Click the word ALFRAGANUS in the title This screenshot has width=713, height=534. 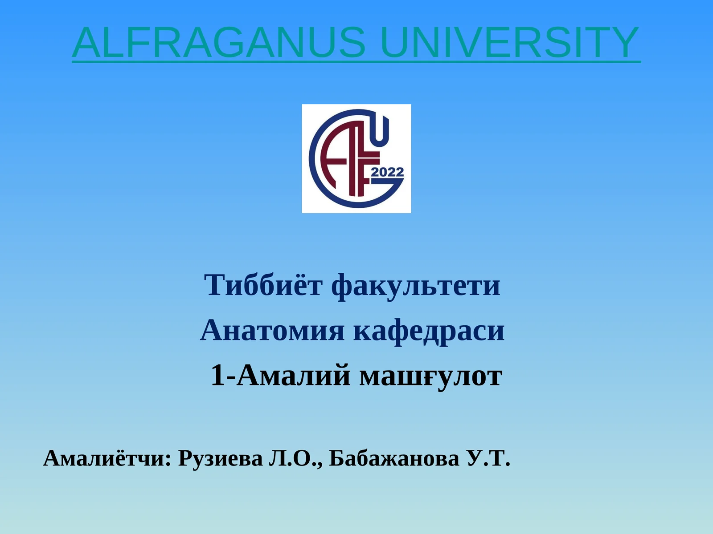tap(219, 42)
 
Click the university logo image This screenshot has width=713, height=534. tap(356, 158)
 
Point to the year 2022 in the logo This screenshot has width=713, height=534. tap(387, 172)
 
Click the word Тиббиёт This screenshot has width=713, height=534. tap(263, 285)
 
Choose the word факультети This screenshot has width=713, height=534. tap(416, 287)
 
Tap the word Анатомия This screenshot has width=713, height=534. tap(272, 330)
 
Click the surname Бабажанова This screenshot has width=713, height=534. tap(394, 458)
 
